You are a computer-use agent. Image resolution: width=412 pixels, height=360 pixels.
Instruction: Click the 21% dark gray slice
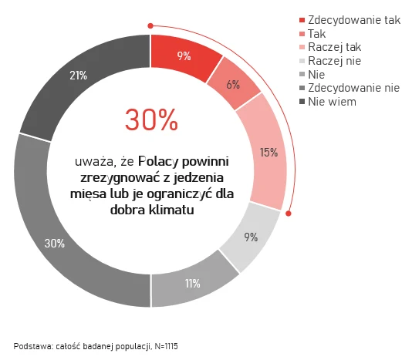click(x=77, y=76)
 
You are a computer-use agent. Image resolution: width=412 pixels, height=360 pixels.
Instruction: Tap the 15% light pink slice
click(x=268, y=152)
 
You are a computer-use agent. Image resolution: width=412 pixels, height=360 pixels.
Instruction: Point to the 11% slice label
click(x=193, y=284)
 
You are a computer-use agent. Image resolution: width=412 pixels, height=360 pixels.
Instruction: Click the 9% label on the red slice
click(x=184, y=56)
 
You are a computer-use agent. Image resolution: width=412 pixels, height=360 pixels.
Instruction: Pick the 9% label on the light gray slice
click(x=250, y=237)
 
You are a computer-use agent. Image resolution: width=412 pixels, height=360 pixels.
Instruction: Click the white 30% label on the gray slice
click(x=54, y=244)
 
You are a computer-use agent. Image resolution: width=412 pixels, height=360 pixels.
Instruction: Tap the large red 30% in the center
click(x=151, y=119)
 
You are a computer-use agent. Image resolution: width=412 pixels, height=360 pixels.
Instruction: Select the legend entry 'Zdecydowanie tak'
click(x=353, y=19)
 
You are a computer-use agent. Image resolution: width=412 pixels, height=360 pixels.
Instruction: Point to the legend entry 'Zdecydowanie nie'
click(x=353, y=89)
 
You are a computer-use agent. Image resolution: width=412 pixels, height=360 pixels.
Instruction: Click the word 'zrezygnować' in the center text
click(x=109, y=178)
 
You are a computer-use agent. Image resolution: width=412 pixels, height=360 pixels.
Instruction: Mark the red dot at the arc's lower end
click(x=289, y=214)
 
